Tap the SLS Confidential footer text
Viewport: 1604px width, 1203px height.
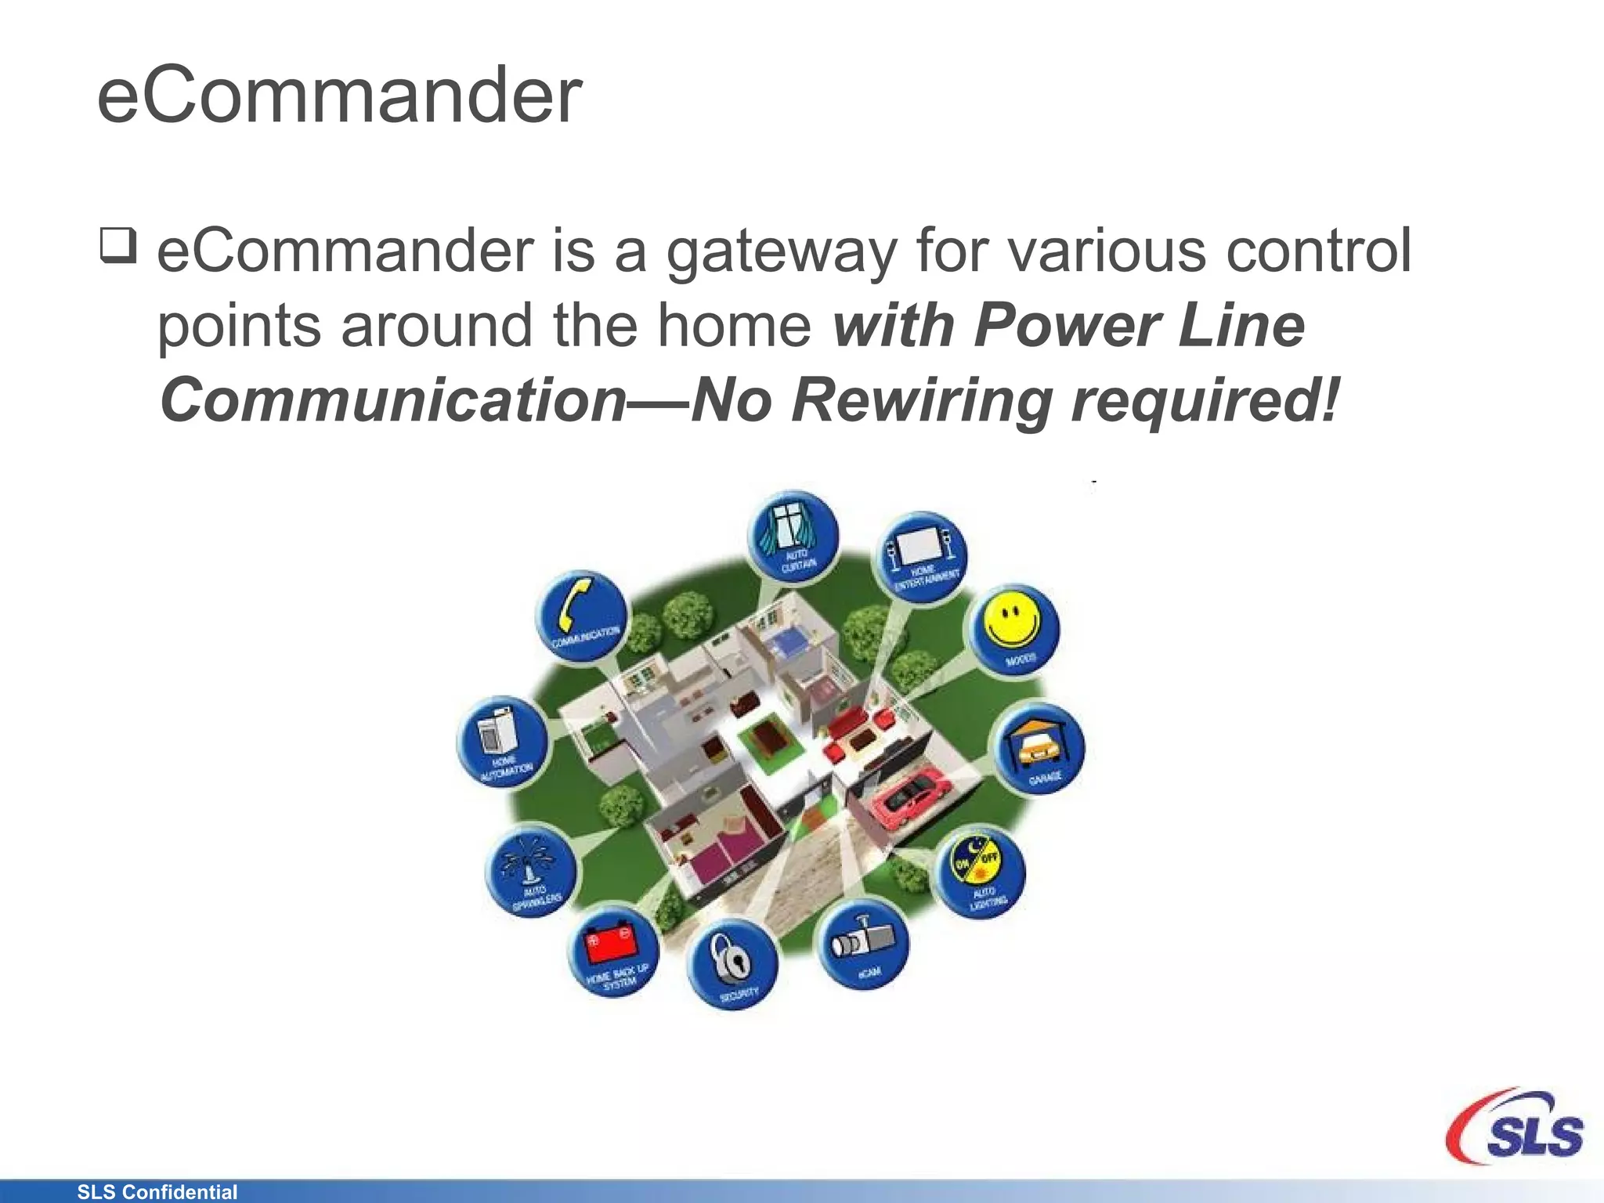pyautogui.click(x=157, y=1192)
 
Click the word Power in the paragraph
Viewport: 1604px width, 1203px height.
pyautogui.click(x=1067, y=326)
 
